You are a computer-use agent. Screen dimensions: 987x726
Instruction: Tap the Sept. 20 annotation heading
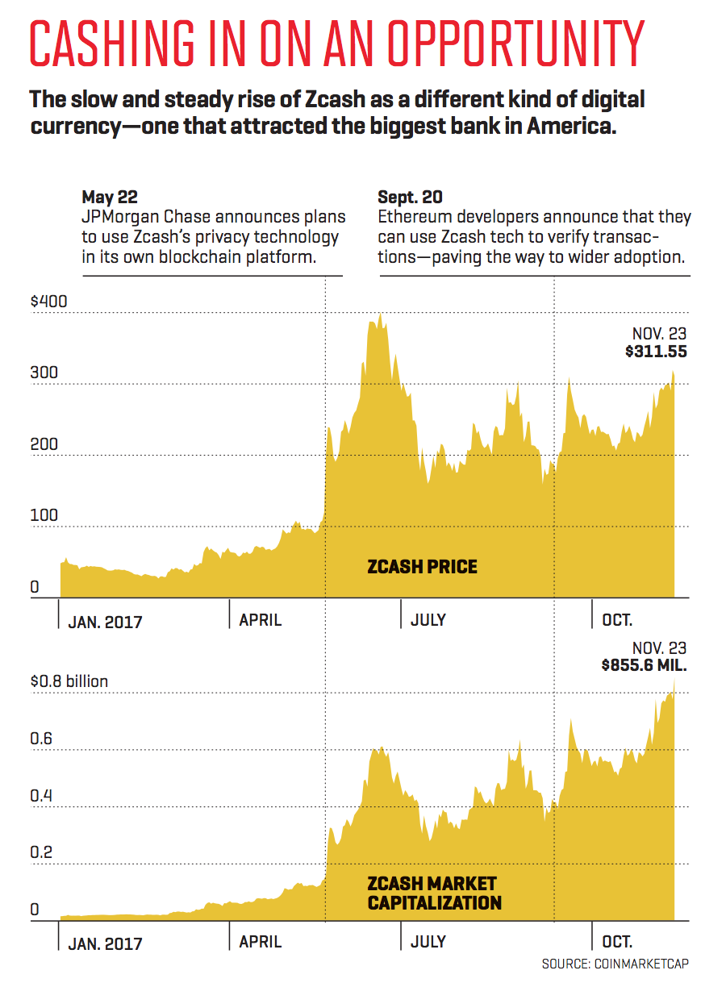pyautogui.click(x=409, y=197)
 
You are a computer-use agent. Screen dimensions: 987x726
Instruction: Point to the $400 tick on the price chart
pyautogui.click(x=48, y=302)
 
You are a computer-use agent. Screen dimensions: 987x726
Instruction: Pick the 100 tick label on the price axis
pyautogui.click(x=45, y=515)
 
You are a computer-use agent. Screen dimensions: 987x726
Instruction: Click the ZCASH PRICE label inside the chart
pyautogui.click(x=422, y=567)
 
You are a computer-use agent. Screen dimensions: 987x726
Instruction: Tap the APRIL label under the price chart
pyautogui.click(x=261, y=620)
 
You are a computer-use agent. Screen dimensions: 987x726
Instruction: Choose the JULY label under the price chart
pyautogui.click(x=428, y=620)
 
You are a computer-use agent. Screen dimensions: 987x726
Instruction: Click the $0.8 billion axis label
pyautogui.click(x=69, y=681)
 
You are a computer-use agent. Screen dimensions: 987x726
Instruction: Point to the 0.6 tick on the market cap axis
pyautogui.click(x=42, y=739)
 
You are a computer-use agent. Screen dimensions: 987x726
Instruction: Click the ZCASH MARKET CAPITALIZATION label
pyautogui.click(x=433, y=893)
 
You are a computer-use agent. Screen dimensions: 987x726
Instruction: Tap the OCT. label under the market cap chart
pyautogui.click(x=617, y=941)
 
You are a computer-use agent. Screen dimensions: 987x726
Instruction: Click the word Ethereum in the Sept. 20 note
pyautogui.click(x=411, y=218)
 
